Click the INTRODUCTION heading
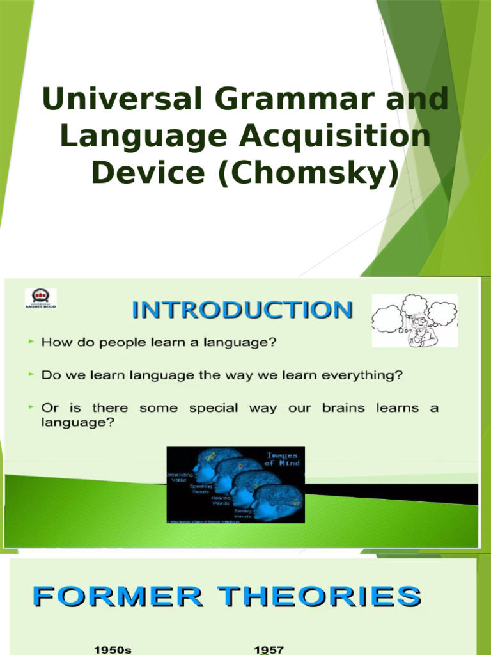(242, 311)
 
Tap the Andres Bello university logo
(40, 299)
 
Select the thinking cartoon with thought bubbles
(414, 320)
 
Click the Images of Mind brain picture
(235, 485)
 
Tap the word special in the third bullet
(217, 408)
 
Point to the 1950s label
(113, 649)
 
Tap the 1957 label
(269, 649)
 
